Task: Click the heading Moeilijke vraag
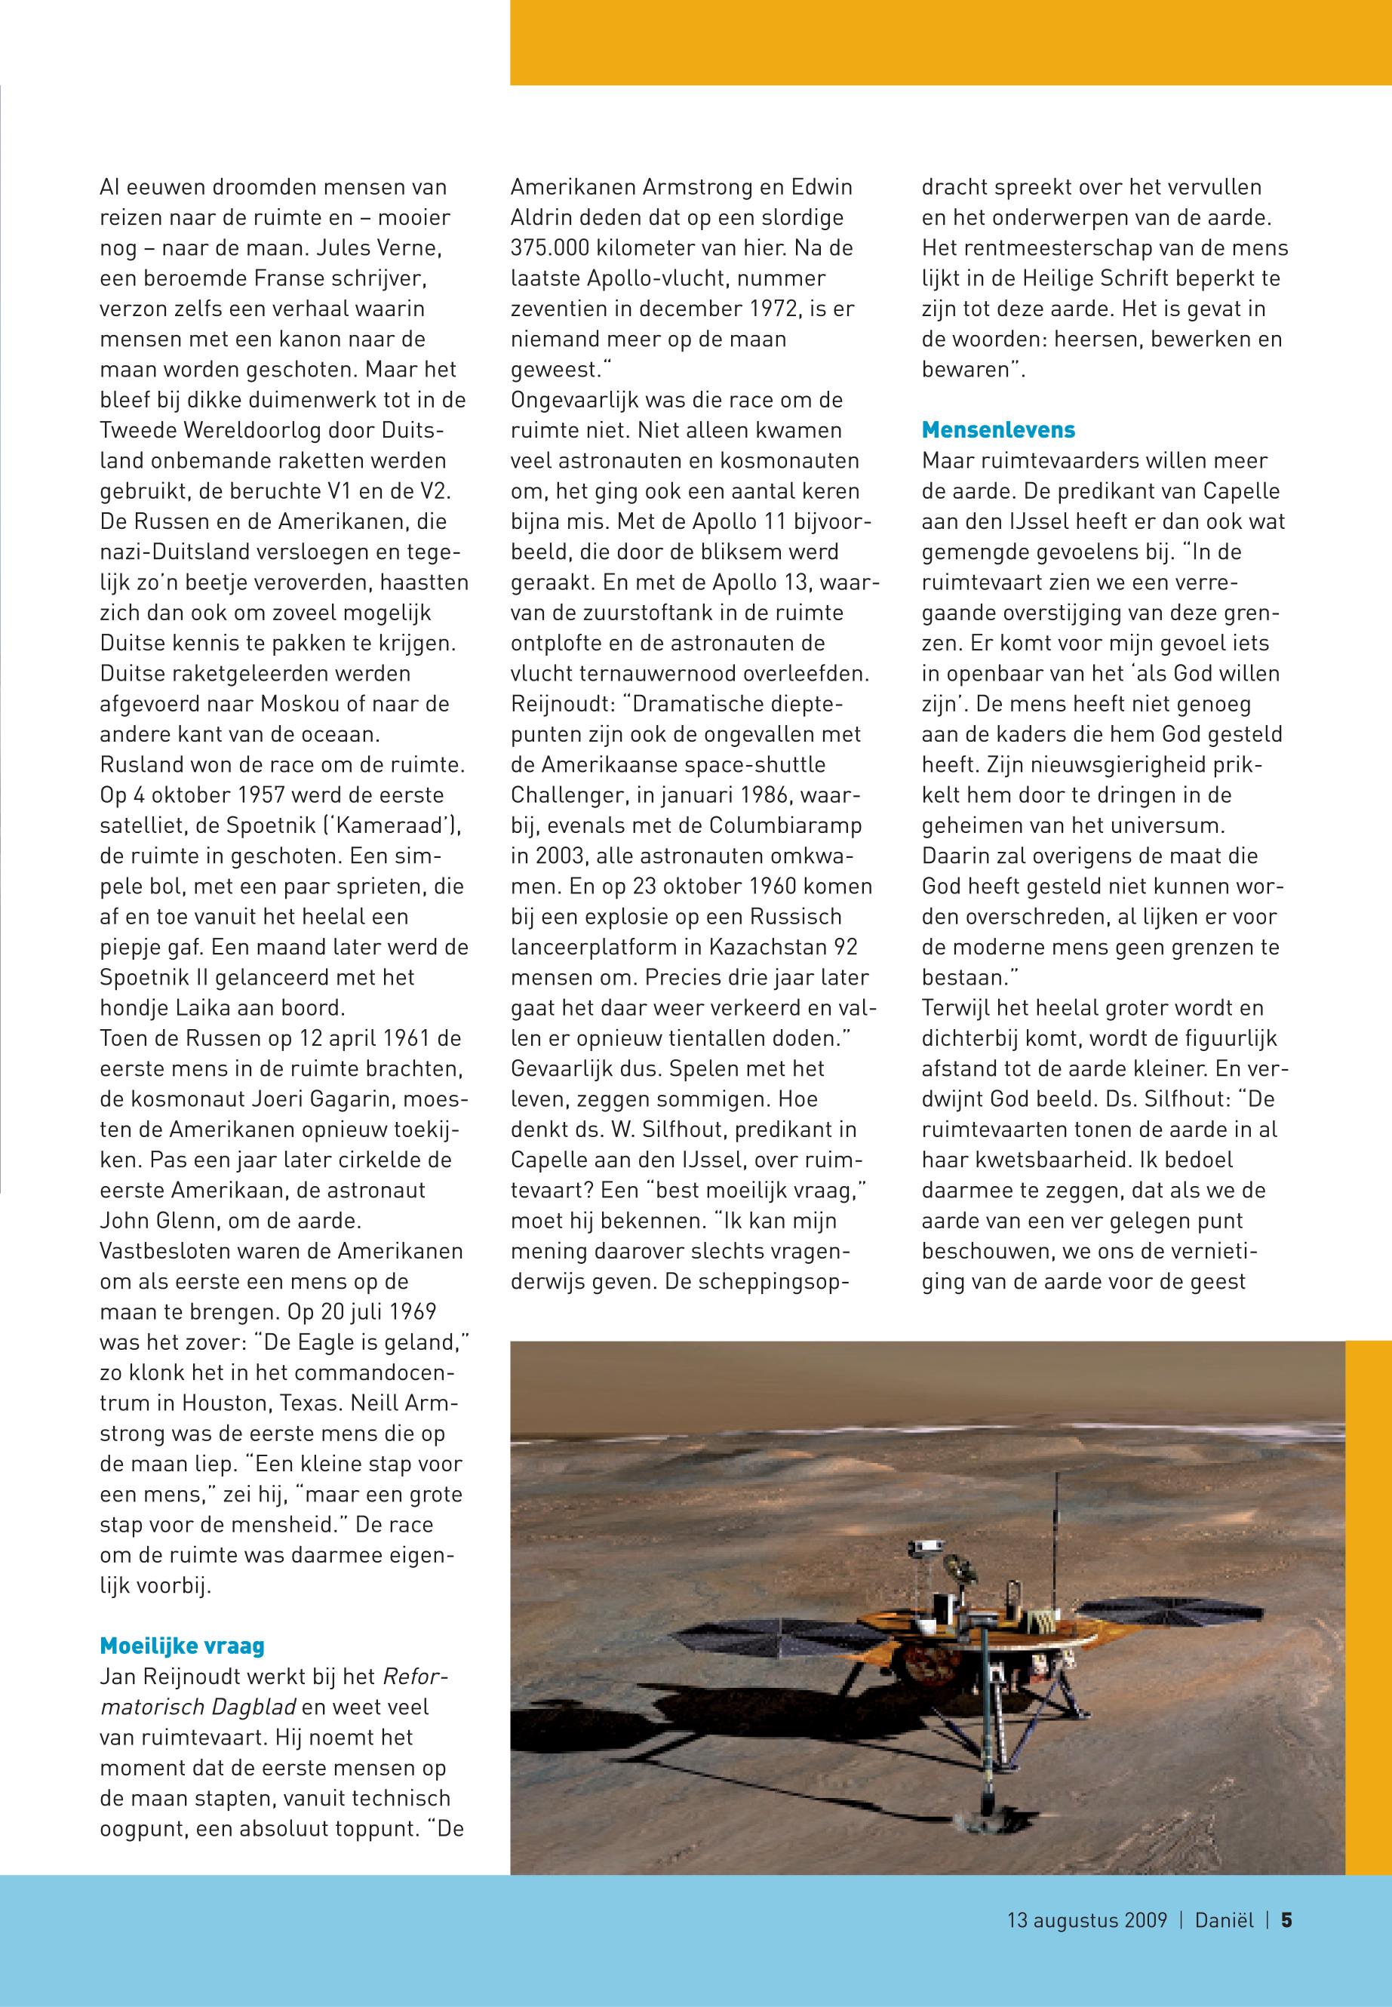point(183,1645)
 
